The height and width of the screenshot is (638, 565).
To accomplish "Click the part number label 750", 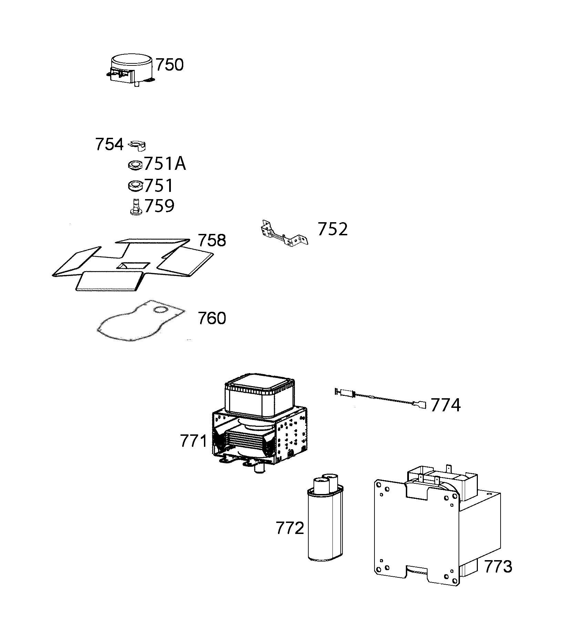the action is point(169,65).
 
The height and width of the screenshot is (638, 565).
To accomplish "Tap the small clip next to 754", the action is point(137,145).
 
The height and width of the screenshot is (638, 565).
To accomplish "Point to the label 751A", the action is point(165,164).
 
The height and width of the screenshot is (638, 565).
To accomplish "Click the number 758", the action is point(212,240).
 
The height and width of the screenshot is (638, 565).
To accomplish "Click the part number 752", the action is point(332,229).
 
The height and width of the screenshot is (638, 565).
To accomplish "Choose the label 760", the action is point(212,318).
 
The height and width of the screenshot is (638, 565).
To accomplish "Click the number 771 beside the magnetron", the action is point(193,441).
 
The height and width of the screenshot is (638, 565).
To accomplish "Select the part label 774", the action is point(445,405).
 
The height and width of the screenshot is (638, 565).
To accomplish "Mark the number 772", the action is point(290,528).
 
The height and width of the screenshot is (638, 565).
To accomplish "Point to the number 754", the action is point(109,144).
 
